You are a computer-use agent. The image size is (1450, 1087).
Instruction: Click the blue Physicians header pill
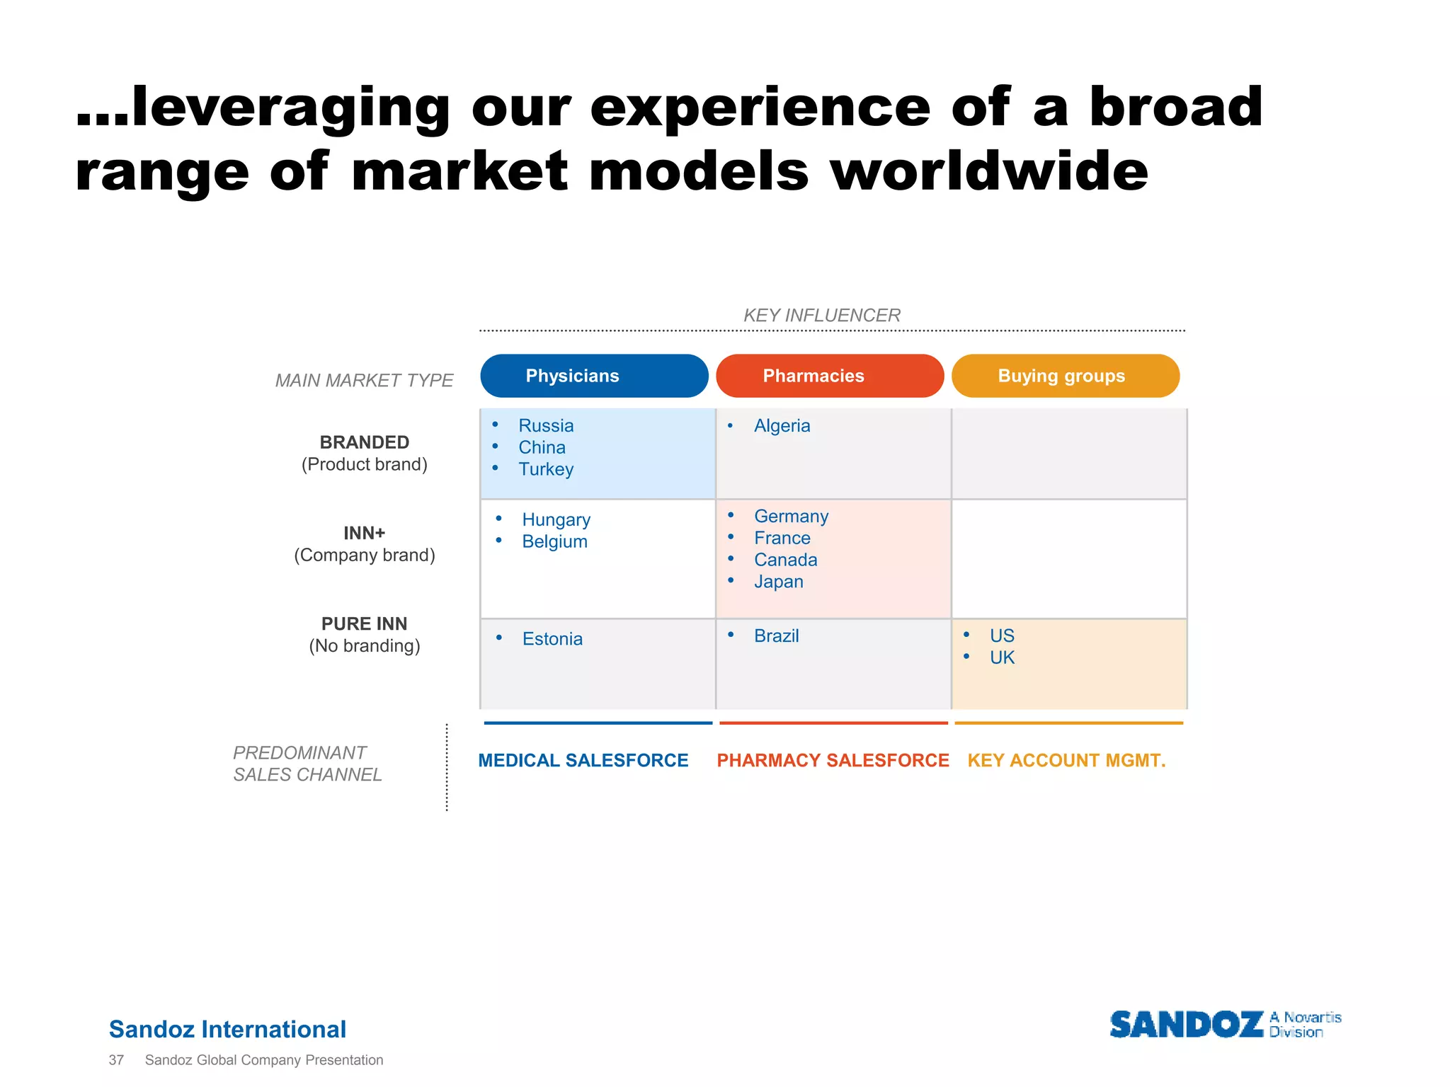pyautogui.click(x=593, y=376)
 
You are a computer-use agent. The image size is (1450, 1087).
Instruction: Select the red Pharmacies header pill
pyautogui.click(x=829, y=376)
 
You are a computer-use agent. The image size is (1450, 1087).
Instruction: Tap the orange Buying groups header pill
pyautogui.click(x=1065, y=376)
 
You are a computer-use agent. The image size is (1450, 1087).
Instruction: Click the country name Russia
pyautogui.click(x=545, y=425)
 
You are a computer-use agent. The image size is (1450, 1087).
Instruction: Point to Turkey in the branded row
pyautogui.click(x=545, y=469)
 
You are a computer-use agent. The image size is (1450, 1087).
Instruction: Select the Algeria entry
pyautogui.click(x=782, y=425)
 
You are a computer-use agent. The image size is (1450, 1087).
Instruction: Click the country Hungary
pyautogui.click(x=556, y=519)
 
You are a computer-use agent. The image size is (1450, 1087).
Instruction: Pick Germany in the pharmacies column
pyautogui.click(x=791, y=516)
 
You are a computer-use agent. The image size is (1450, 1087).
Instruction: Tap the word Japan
pyautogui.click(x=778, y=582)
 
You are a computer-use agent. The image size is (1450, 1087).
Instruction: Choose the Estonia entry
pyautogui.click(x=552, y=639)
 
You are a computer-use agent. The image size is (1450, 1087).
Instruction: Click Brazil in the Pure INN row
pyautogui.click(x=776, y=635)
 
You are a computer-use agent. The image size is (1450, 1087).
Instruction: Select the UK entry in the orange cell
pyautogui.click(x=1002, y=657)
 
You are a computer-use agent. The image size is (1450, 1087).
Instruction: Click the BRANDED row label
pyautogui.click(x=364, y=442)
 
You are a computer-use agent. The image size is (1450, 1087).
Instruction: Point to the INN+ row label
pyautogui.click(x=364, y=533)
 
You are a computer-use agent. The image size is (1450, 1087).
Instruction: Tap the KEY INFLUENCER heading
pyautogui.click(x=821, y=315)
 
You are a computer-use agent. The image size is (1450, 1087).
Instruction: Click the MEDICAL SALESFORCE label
pyautogui.click(x=583, y=760)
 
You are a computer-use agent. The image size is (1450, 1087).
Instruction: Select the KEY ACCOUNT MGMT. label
pyautogui.click(x=1066, y=760)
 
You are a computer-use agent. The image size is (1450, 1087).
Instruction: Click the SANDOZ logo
pyautogui.click(x=1186, y=1025)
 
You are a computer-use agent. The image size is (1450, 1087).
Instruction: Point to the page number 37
pyautogui.click(x=116, y=1060)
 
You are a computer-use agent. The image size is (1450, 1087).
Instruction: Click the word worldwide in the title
pyautogui.click(x=988, y=171)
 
